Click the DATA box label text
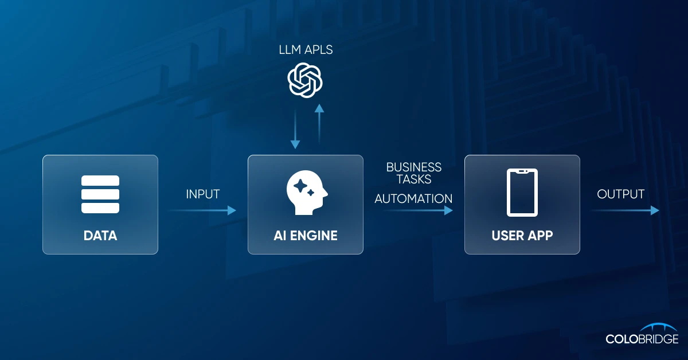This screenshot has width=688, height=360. (100, 236)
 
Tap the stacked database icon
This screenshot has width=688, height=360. (100, 194)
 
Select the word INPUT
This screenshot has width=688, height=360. (202, 194)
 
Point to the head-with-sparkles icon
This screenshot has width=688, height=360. (306, 195)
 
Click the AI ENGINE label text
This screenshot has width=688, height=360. (305, 236)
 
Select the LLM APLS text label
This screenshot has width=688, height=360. (305, 50)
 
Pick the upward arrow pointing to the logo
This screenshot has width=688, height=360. (319, 123)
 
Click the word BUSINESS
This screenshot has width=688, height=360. (413, 167)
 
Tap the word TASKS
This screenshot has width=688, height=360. (413, 179)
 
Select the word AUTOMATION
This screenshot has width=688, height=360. (413, 199)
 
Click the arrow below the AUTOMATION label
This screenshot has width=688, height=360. (418, 210)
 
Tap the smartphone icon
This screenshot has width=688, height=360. (522, 193)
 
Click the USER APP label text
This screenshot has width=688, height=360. (522, 236)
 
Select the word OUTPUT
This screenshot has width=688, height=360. (620, 194)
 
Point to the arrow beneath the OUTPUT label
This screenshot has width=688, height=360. (625, 210)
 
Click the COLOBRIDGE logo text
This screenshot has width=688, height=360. (642, 339)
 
